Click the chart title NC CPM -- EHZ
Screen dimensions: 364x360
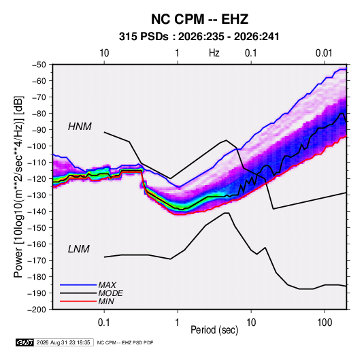pos(199,19)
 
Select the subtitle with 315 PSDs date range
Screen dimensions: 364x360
pos(199,37)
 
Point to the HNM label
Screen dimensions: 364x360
pos(80,127)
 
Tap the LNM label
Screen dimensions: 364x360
pos(79,249)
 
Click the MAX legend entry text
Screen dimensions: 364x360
pos(107,284)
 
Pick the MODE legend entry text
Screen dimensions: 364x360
pos(110,293)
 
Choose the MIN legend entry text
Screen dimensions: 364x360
pos(106,301)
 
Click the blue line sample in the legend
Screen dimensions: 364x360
pos(78,284)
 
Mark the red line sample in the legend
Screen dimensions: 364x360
pos(78,301)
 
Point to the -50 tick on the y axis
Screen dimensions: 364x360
pos(39,65)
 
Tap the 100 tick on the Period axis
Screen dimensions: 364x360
pos(325,323)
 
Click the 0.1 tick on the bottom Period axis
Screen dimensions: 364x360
pos(104,323)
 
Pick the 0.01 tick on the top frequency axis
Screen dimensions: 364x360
pos(324,53)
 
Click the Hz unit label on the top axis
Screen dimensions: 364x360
pos(214,53)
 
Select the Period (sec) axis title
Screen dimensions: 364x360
pos(214,330)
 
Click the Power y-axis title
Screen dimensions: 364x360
pos(18,186)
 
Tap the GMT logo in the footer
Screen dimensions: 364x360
pos(25,342)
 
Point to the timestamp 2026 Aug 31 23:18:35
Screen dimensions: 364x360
pos(63,342)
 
